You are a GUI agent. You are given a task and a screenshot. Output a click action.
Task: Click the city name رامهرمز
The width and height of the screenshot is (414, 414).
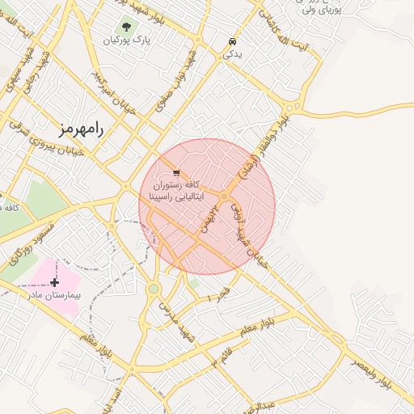click(82, 129)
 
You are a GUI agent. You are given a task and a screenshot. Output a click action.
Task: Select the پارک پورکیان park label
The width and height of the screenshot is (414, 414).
click(128, 40)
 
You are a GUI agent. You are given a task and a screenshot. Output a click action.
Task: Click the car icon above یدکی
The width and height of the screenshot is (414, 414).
click(233, 41)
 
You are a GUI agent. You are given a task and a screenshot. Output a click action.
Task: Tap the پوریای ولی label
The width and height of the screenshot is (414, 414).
click(322, 11)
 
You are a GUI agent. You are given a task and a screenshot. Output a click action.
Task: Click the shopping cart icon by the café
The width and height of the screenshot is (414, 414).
click(176, 173)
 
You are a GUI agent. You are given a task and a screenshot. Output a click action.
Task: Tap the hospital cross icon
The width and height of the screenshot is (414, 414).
click(54, 282)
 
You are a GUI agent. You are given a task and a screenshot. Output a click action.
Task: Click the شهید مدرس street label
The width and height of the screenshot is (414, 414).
click(177, 320)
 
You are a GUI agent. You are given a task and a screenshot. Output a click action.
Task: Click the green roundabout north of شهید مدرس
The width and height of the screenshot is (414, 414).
click(154, 289)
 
